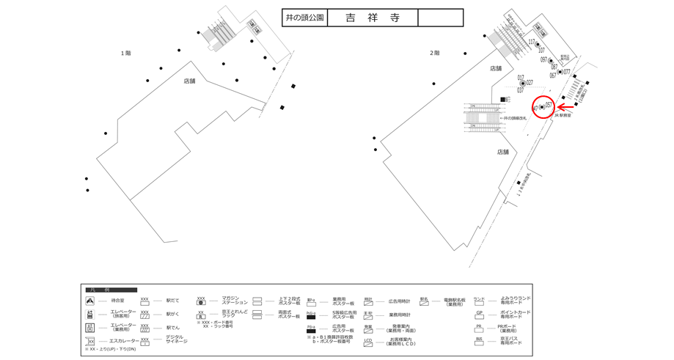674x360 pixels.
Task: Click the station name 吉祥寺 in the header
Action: click(372, 18)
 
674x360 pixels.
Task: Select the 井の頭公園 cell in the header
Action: click(304, 18)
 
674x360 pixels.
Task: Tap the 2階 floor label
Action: click(434, 53)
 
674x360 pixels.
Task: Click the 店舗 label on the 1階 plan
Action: click(189, 81)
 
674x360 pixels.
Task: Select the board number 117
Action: click(532, 42)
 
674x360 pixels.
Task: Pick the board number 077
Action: click(566, 72)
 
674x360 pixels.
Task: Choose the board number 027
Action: click(530, 83)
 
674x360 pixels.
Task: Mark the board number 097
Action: click(544, 59)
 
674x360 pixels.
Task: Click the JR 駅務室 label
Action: click(563, 115)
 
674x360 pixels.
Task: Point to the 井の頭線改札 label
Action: click(516, 117)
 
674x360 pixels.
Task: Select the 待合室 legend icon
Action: click(90, 301)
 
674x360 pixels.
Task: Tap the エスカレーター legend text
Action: click(124, 341)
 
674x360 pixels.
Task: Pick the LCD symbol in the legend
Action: click(368, 341)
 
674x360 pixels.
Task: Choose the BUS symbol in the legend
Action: click(479, 340)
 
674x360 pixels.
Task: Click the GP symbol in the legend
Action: click(479, 313)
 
